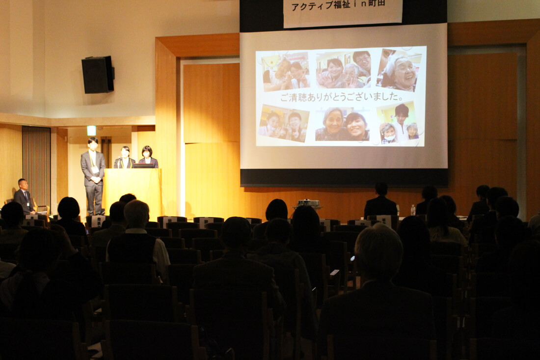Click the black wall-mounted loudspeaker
(x=98, y=75)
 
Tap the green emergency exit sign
(x=91, y=131)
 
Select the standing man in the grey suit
(x=93, y=176)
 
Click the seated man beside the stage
(x=24, y=197)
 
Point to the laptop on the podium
(x=144, y=166)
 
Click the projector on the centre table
(x=308, y=203)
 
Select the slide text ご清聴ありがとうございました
(x=342, y=97)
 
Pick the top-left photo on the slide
(x=286, y=71)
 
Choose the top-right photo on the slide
(x=401, y=70)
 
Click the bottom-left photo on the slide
(x=284, y=123)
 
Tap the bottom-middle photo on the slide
(x=342, y=124)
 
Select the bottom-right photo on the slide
(x=398, y=123)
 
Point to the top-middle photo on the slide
(x=343, y=70)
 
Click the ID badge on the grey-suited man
(x=95, y=169)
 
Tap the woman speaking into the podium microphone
(x=124, y=158)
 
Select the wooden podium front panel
(x=133, y=193)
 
